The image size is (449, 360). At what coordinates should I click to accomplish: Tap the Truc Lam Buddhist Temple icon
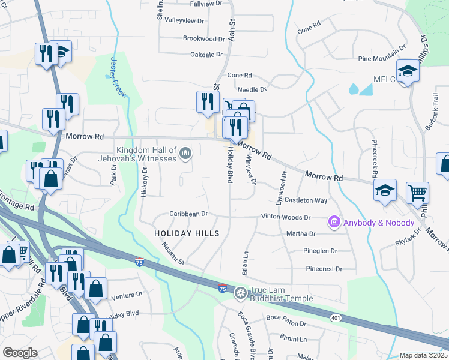pyautogui.click(x=241, y=293)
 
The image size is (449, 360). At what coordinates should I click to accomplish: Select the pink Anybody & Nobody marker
pyautogui.click(x=334, y=223)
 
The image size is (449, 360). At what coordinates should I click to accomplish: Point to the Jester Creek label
pyautogui.click(x=118, y=77)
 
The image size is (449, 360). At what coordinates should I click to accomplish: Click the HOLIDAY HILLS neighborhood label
pyautogui.click(x=187, y=233)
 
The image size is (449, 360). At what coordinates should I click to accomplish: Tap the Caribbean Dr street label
pyautogui.click(x=188, y=214)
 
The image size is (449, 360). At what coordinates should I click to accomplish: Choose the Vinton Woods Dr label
pyautogui.click(x=285, y=217)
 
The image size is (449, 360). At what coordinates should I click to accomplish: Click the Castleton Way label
pyautogui.click(x=306, y=200)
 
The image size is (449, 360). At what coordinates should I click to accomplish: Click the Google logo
pyautogui.click(x=20, y=353)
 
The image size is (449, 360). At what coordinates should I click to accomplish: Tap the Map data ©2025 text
pyautogui.click(x=423, y=355)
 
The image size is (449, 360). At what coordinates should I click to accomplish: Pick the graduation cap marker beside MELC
pyautogui.click(x=408, y=71)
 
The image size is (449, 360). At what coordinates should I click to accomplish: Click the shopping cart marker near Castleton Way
pyautogui.click(x=417, y=193)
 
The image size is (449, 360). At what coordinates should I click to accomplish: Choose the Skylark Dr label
pyautogui.click(x=409, y=239)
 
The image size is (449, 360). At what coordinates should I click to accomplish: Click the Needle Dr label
pyautogui.click(x=255, y=89)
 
